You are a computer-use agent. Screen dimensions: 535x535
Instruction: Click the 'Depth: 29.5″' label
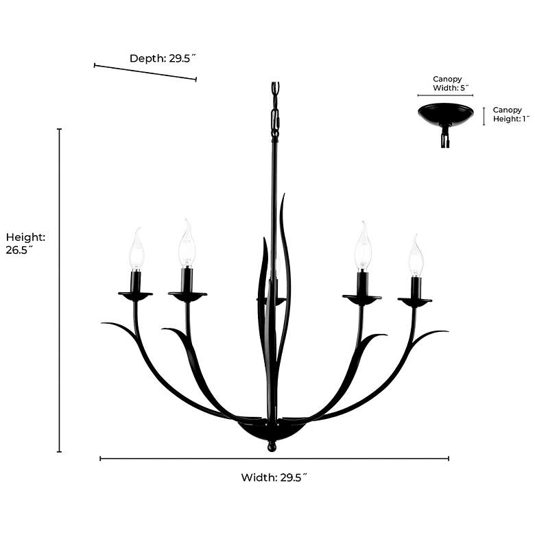point(163,58)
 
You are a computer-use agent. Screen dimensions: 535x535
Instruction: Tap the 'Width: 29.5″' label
point(274,477)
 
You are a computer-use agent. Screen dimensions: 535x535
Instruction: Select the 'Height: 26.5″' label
point(25,243)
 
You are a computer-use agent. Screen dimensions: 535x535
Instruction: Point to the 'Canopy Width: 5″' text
point(451,83)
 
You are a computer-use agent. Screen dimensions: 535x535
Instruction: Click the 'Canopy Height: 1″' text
point(511,115)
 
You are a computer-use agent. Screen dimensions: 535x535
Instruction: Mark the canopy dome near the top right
point(446,114)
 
